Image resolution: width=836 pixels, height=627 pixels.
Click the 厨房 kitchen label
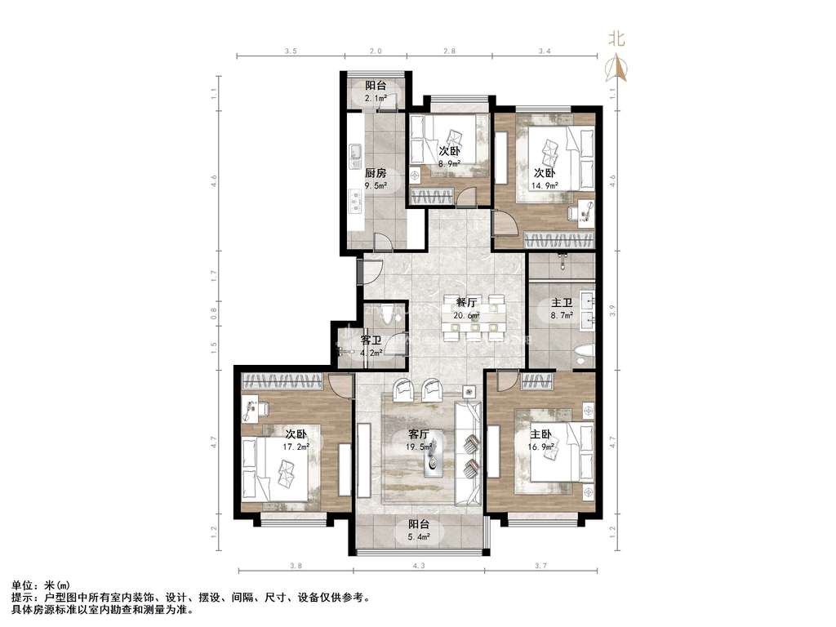(x=376, y=173)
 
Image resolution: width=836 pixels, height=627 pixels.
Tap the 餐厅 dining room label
(x=466, y=303)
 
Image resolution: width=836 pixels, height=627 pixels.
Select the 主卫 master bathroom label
(x=562, y=303)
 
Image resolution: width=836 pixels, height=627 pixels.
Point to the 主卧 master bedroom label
(x=540, y=434)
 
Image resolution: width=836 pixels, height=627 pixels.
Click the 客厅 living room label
(x=419, y=434)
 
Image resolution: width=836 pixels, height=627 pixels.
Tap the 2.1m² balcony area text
(x=376, y=98)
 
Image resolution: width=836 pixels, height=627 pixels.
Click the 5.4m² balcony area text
(x=419, y=537)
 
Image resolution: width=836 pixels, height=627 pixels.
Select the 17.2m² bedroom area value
(x=296, y=447)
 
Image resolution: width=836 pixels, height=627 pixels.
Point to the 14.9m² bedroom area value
(x=545, y=185)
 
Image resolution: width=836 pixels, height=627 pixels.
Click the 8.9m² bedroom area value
(x=450, y=163)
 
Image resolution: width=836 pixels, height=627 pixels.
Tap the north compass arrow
(x=617, y=69)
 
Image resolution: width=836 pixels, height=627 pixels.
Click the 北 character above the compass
(x=617, y=39)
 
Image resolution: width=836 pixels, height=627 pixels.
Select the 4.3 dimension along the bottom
(x=419, y=566)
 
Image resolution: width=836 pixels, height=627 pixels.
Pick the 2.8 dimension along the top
(x=450, y=51)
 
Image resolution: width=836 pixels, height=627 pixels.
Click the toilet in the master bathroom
(x=585, y=355)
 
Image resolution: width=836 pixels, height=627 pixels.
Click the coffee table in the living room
(x=434, y=456)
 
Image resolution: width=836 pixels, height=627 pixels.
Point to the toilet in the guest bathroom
(x=388, y=313)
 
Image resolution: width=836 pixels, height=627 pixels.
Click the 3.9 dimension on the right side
(x=613, y=310)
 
